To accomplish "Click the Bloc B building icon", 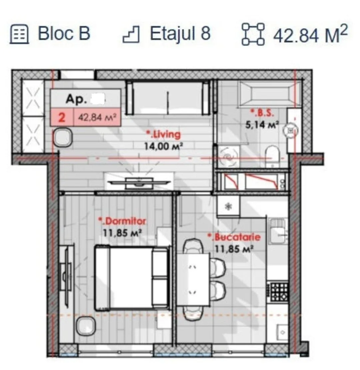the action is point(19,34).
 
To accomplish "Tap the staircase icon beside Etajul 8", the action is point(131,34).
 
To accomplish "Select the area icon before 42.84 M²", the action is point(253,34).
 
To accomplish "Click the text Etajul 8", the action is point(180,34).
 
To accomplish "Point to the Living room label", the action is point(163,135).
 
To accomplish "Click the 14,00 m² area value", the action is point(163,147).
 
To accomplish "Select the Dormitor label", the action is point(122,221).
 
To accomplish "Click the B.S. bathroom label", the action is point(262,113).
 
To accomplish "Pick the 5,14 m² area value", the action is point(262,125).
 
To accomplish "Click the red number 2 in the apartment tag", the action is point(62,117).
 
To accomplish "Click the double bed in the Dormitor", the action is point(132,278).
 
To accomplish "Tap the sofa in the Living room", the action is point(168,98).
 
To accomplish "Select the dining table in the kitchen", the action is point(193,280).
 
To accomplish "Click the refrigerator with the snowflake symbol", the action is point(228,206).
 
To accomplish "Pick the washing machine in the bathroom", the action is point(228,157).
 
